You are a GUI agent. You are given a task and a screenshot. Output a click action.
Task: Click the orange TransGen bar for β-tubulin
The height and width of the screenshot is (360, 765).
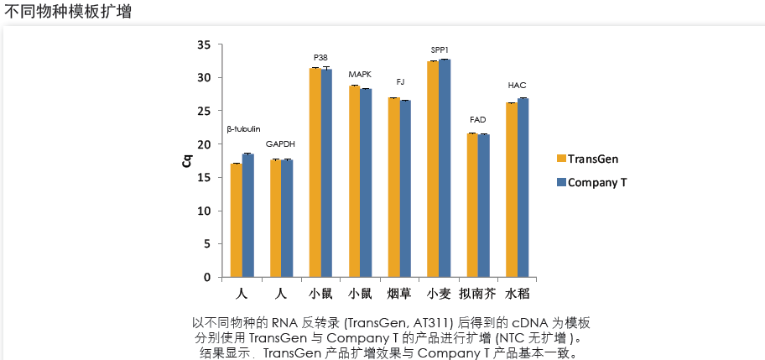coord(237,220)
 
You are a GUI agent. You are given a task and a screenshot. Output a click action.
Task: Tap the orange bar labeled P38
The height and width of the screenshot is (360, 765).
coord(315,172)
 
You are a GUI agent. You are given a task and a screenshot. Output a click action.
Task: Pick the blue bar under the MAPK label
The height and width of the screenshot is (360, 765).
coord(366,182)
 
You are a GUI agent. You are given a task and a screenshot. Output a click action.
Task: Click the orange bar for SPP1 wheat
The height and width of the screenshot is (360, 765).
coord(433,169)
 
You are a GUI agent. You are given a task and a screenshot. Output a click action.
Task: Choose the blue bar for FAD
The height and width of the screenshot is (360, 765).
coord(484,206)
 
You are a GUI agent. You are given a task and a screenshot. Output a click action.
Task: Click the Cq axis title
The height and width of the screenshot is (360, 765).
coord(188,160)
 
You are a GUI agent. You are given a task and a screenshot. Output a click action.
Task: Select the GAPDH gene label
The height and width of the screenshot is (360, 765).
coord(280,144)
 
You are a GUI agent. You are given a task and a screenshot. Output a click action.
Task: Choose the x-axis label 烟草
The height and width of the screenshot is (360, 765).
coord(399,294)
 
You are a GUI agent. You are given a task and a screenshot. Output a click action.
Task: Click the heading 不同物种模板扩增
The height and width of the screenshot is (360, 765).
coord(67,13)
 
